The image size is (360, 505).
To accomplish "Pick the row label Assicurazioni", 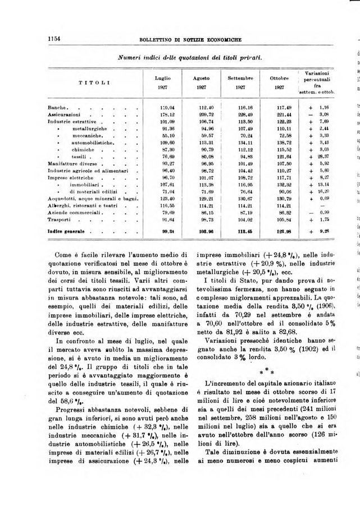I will [63, 114].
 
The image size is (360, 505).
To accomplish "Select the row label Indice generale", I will [66, 231].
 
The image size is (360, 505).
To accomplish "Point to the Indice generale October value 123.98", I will [282, 231].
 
